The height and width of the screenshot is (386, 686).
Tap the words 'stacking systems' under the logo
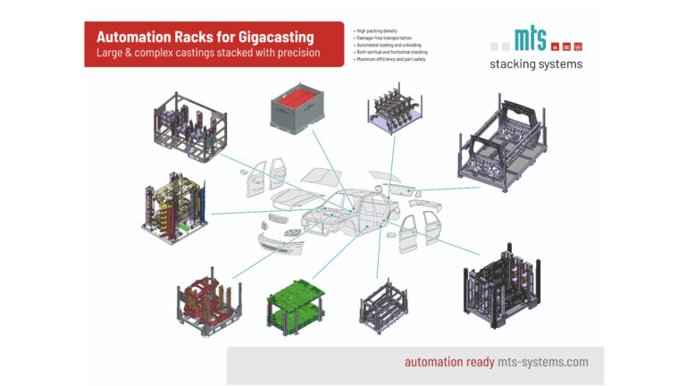coord(536,64)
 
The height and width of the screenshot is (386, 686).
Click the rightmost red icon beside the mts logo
coord(578,46)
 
